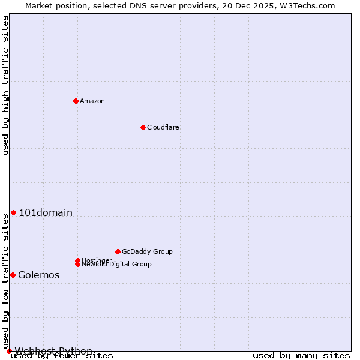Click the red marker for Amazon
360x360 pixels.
tap(76, 101)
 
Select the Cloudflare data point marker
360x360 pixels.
tap(143, 127)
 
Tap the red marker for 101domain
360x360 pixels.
tap(13, 212)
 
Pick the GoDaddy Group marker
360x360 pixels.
tap(118, 251)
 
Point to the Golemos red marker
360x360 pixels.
tap(13, 275)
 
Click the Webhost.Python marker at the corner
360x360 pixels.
tap(9, 351)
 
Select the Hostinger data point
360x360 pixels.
tap(77, 260)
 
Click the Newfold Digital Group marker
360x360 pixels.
tap(78, 264)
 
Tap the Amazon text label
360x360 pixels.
tap(92, 101)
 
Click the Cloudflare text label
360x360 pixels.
tap(163, 127)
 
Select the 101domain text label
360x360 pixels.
tap(46, 212)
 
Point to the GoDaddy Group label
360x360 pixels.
tap(147, 251)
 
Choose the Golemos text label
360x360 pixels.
tap(39, 275)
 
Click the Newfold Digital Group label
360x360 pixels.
tap(117, 265)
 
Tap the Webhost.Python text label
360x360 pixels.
tap(53, 351)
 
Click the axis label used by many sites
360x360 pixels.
tap(301, 356)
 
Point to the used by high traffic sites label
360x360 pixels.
tap(5, 85)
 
